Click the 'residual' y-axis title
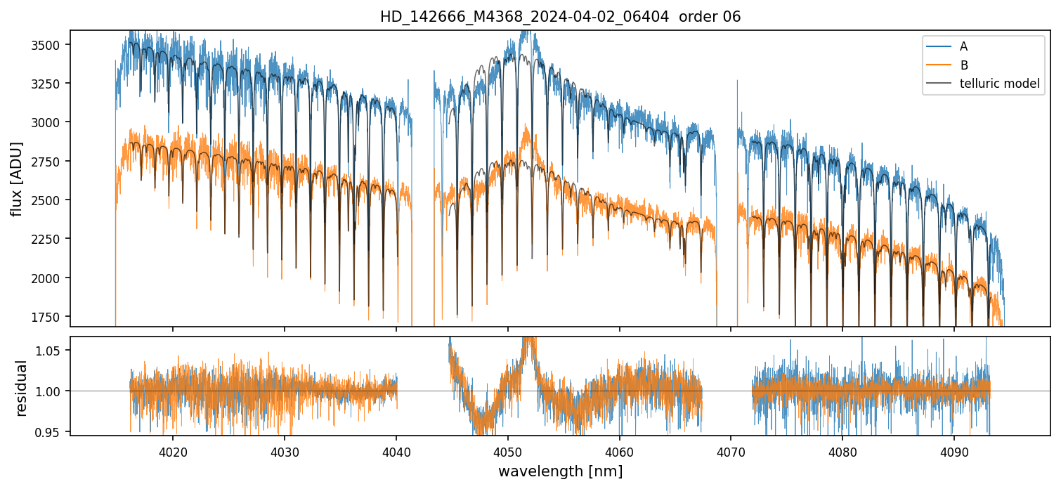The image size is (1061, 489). [x=21, y=388]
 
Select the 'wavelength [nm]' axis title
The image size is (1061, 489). [x=560, y=471]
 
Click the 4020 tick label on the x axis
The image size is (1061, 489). [x=173, y=450]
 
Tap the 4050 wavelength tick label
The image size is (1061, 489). [x=507, y=450]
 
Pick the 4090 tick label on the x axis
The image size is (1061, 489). [x=954, y=450]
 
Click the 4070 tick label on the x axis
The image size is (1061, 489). [x=731, y=450]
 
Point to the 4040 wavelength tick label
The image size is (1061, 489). [x=396, y=450]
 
